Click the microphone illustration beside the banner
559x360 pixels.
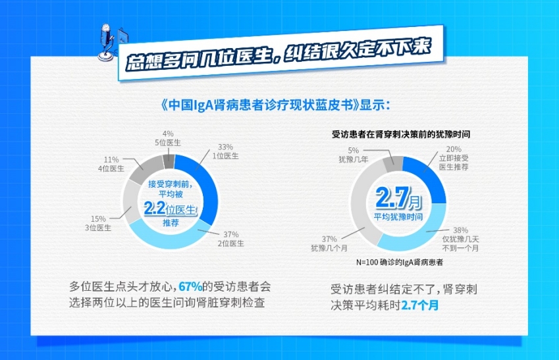[x=106, y=42]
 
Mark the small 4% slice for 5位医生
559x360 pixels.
[x=169, y=161]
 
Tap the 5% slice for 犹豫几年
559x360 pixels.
[x=393, y=164]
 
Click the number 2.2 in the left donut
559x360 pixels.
[x=154, y=209]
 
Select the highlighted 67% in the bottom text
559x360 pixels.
[x=190, y=286]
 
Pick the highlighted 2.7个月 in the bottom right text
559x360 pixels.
[x=420, y=305]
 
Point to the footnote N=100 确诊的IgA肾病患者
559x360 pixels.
[x=400, y=263]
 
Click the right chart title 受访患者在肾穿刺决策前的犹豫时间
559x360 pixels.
[x=401, y=134]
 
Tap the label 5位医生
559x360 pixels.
[x=167, y=143]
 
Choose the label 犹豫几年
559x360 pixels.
[x=354, y=159]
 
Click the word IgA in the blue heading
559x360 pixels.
[x=203, y=106]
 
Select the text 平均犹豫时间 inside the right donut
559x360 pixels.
[x=398, y=217]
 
